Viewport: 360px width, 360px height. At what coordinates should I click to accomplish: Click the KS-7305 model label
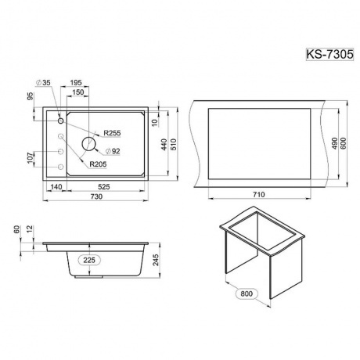(x=329, y=55)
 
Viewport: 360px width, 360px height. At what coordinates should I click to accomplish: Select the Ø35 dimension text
(x=43, y=83)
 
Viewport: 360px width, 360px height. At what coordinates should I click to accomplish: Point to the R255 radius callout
(x=112, y=133)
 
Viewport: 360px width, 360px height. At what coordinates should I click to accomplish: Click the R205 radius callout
(x=98, y=164)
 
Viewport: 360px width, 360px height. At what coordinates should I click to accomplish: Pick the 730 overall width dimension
(x=96, y=196)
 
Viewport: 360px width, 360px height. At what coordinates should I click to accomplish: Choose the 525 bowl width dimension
(x=104, y=187)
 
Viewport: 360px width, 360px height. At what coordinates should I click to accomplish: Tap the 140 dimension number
(x=56, y=187)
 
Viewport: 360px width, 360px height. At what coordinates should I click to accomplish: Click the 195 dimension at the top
(x=76, y=83)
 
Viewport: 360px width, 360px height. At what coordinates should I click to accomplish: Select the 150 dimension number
(x=78, y=92)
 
